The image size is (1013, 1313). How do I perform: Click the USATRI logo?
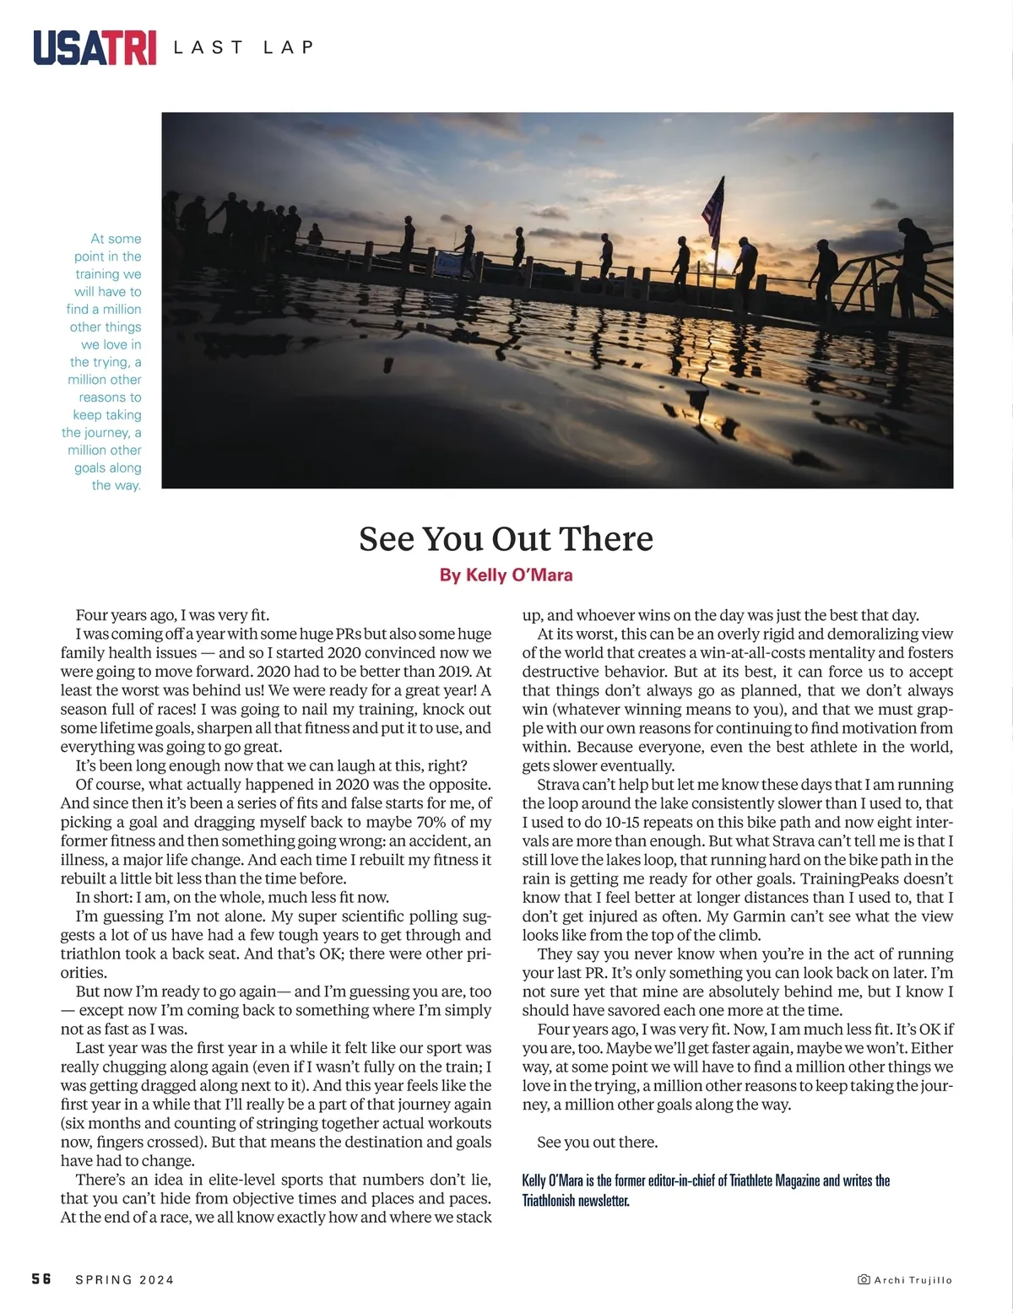tap(95, 47)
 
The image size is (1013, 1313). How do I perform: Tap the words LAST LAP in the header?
tap(243, 47)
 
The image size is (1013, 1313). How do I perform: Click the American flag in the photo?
tap(714, 208)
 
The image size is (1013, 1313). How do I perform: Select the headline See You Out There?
tap(506, 538)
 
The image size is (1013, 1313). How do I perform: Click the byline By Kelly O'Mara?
tap(506, 575)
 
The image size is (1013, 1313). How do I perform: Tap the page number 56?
tap(41, 1278)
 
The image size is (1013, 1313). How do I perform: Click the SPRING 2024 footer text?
tap(124, 1279)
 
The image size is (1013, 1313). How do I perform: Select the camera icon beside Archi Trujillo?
tap(864, 1279)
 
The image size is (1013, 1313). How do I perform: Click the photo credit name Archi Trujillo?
tap(913, 1280)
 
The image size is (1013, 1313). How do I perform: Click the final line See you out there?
tap(597, 1143)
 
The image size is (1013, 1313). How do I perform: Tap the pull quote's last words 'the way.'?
tap(116, 485)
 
